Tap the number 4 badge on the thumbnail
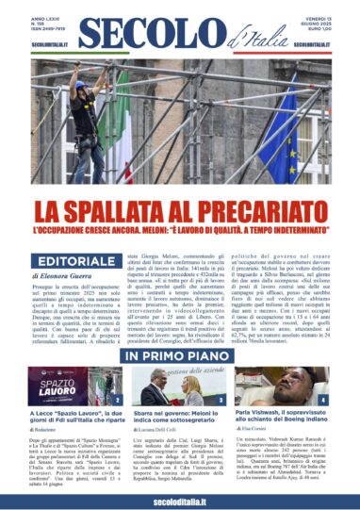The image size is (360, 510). pyautogui.click(x=324, y=400)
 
